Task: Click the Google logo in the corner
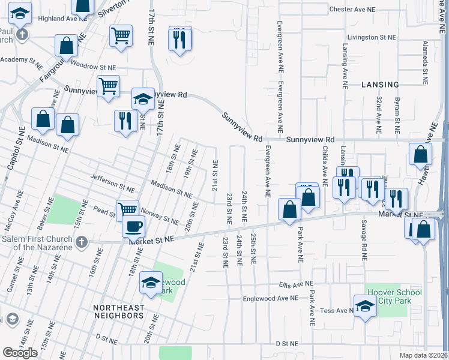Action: (20, 353)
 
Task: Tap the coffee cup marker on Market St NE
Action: (133, 227)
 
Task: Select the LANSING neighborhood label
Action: (381, 85)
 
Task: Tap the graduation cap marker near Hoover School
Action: (364, 307)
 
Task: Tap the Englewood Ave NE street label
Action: (270, 298)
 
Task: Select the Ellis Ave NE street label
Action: (296, 284)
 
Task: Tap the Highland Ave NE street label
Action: (58, 19)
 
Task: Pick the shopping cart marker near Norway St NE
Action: (128, 210)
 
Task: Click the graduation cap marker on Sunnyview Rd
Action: (143, 99)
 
